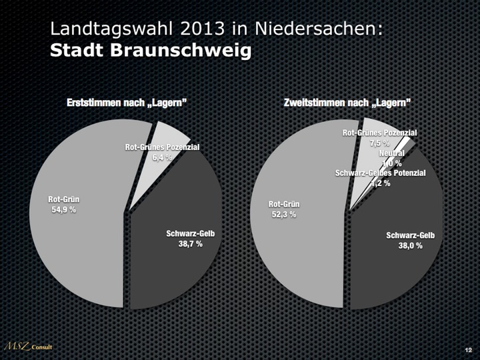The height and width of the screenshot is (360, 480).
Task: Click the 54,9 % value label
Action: [x=63, y=209]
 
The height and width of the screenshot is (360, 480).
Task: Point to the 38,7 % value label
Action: [x=190, y=244]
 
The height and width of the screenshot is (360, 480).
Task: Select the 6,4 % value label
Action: [x=163, y=157]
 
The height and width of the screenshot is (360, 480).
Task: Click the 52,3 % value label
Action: [x=283, y=214]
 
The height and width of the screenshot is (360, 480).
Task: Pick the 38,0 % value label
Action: [x=410, y=245]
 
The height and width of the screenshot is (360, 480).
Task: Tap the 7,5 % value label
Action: [x=379, y=143]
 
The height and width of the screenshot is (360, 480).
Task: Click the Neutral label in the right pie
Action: [x=391, y=153]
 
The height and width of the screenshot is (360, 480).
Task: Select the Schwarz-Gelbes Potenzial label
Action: [x=380, y=173]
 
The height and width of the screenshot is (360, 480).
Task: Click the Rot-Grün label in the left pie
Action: [x=63, y=199]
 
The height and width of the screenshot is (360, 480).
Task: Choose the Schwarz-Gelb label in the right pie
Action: [x=410, y=235]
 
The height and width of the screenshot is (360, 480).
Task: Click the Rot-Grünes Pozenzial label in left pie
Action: [x=163, y=147]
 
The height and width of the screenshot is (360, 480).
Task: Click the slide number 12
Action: [x=468, y=350]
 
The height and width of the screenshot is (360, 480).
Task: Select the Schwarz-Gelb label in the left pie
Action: [x=190, y=233]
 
